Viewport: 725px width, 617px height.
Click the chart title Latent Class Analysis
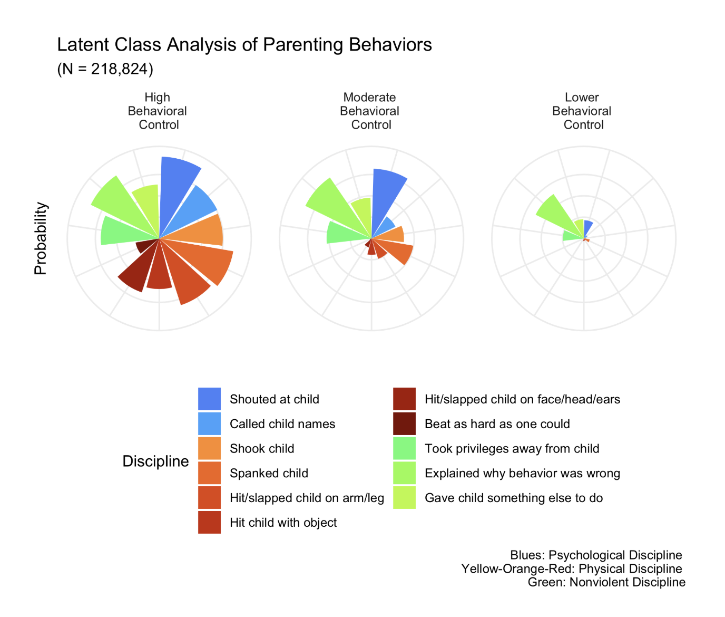point(244,45)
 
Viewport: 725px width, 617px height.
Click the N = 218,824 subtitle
point(105,69)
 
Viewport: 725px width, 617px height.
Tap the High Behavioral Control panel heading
point(158,111)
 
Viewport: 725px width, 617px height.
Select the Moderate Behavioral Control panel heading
point(370,111)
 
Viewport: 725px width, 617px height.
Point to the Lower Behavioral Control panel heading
point(582,111)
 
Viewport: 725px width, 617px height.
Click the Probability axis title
point(41,238)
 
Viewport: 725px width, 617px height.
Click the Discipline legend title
point(155,461)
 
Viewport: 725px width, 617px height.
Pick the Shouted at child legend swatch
point(209,399)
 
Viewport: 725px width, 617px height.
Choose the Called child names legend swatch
point(209,424)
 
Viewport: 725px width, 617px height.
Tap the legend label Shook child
point(262,449)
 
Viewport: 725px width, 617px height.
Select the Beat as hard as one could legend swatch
point(404,424)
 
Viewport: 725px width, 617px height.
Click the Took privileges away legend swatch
point(404,449)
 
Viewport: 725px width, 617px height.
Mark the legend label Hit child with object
point(283,523)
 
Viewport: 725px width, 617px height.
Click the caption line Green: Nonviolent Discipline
point(606,582)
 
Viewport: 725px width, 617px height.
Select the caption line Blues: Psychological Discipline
point(596,555)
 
